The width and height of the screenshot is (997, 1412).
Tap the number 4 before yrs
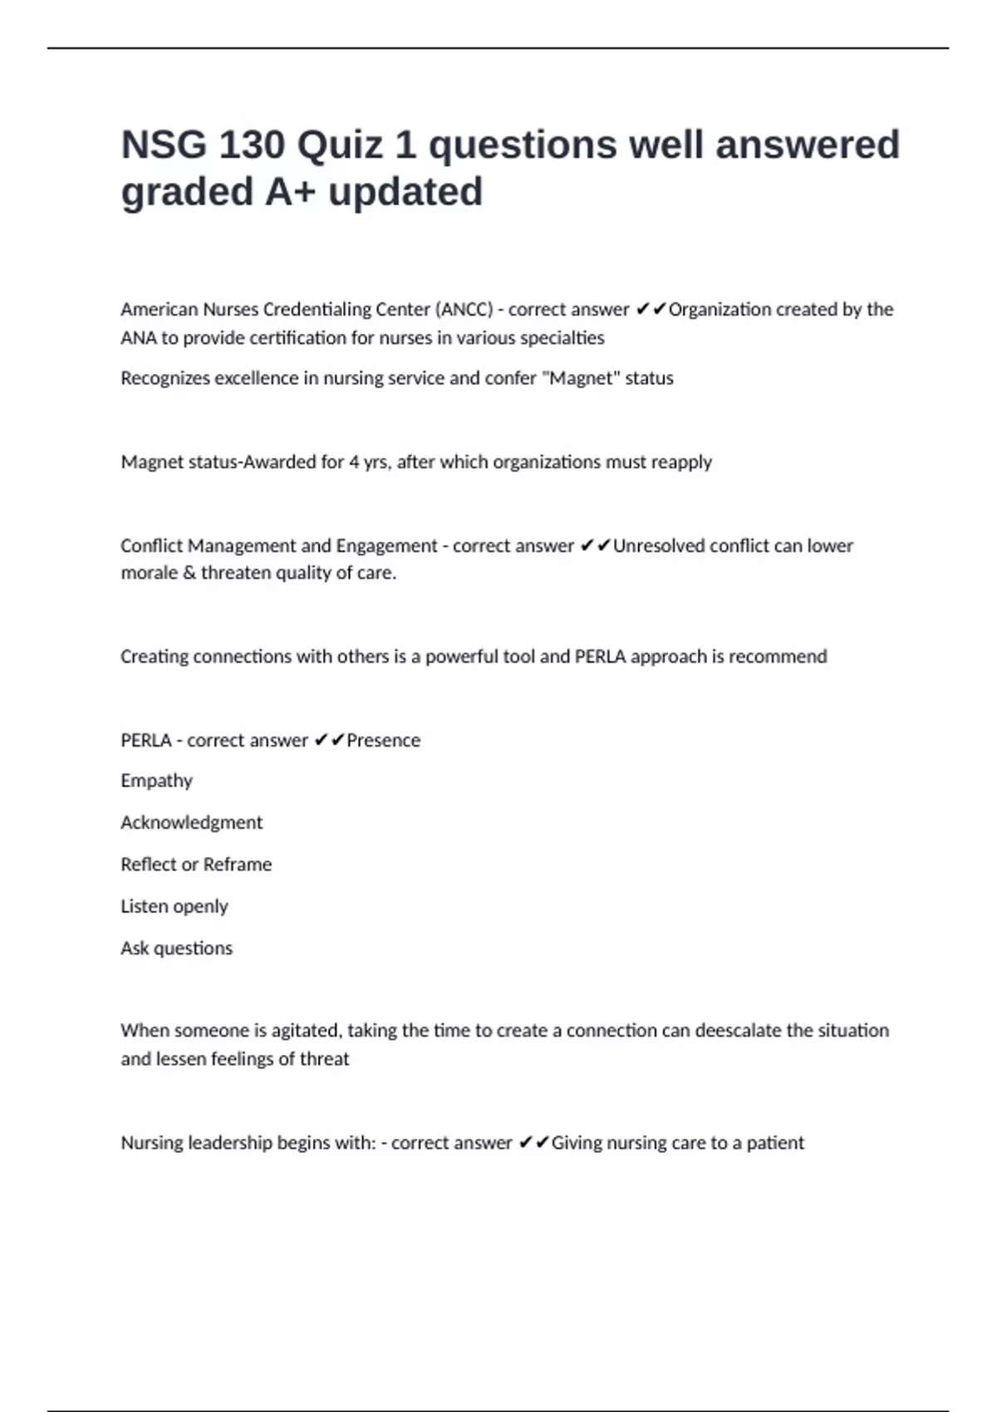[354, 463]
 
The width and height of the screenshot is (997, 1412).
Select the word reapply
[681, 463]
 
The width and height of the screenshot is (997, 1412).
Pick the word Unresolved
[658, 546]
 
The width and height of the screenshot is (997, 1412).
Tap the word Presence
[383, 741]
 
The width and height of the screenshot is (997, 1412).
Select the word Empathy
[156, 782]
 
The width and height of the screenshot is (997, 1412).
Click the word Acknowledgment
[191, 823]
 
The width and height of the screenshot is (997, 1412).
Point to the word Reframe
[238, 865]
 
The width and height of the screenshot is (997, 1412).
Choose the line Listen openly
[174, 907]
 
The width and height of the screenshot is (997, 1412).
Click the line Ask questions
[176, 949]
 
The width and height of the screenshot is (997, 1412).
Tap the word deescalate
[738, 1031]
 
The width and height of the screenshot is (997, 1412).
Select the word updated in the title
[405, 192]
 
